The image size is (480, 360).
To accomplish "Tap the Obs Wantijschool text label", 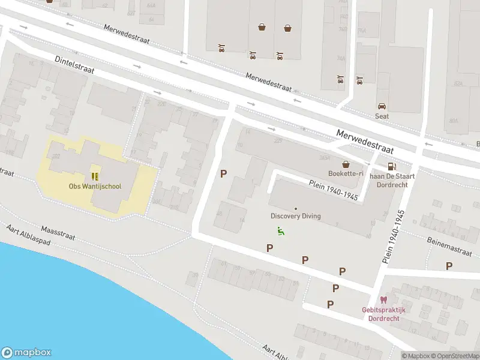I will point(95,186).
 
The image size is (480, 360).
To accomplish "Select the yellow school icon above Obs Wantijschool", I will point(94,176).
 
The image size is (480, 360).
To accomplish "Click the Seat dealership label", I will point(382,116).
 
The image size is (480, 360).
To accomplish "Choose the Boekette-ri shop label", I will point(346,173).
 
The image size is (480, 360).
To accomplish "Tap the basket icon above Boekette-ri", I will point(346,163).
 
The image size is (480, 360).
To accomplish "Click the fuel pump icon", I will point(391,166).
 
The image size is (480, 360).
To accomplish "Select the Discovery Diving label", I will point(296,216).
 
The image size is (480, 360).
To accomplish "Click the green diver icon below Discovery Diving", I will point(280,230).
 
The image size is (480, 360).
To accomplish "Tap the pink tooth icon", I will point(383,300).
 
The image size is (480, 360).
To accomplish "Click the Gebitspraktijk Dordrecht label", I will point(384,314).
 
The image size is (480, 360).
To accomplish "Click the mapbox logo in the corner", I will point(26,353).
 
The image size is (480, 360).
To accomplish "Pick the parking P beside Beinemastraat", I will point(449,266).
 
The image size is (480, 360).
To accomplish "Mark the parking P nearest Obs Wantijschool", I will point(224,174).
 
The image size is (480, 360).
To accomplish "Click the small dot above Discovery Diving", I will point(295,208).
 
